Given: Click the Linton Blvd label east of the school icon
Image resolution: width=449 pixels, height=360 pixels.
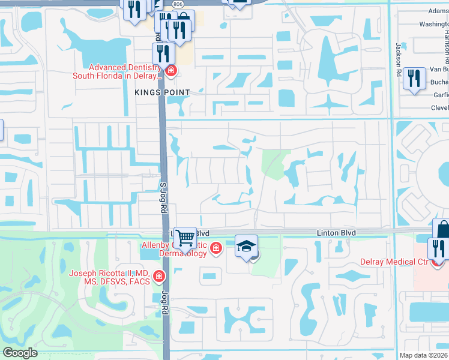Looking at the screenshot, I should point(336,233).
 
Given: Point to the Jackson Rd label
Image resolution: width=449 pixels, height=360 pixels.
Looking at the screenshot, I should point(398,55).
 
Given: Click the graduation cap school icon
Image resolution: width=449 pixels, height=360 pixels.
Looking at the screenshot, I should point(246,246).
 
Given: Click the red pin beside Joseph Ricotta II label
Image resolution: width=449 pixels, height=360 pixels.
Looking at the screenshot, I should point(159,277).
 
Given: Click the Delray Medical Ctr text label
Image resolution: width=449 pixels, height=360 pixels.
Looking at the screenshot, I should point(393,262).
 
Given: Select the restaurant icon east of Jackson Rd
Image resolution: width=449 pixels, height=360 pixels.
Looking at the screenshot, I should point(414,79).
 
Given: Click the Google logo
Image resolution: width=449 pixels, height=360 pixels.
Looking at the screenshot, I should point(20,353).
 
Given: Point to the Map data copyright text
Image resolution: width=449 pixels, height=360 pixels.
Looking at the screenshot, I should point(424,355).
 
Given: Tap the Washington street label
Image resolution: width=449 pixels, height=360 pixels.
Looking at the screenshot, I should point(434,24).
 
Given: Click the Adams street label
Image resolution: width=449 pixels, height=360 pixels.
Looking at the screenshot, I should point(438,10).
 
